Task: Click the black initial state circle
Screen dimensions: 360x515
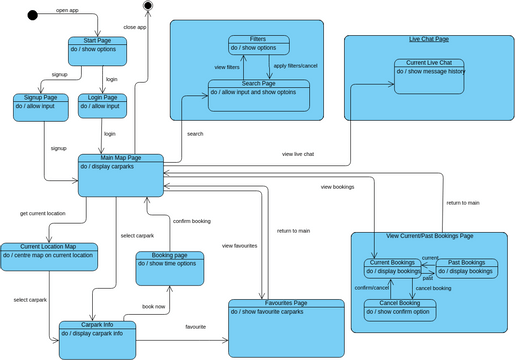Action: click(32, 15)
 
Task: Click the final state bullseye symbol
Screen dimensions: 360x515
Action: click(148, 7)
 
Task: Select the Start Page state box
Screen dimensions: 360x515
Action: click(98, 49)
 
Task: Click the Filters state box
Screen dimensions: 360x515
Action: click(259, 45)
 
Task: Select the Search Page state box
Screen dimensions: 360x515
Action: click(259, 94)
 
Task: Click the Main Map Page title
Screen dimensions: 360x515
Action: click(121, 158)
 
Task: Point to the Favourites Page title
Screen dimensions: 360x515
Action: click(286, 303)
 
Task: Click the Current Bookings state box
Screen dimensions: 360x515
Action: click(392, 267)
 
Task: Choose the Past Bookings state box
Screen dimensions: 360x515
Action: click(466, 267)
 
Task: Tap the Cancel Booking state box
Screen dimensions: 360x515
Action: click(399, 309)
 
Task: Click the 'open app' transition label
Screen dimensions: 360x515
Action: click(68, 10)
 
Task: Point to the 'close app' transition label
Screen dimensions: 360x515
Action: click(134, 27)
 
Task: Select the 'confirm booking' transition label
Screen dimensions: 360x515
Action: click(191, 220)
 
